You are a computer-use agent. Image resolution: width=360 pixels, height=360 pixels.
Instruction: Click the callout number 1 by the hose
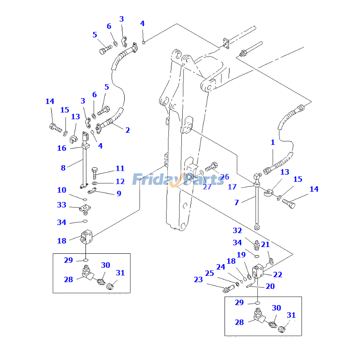pos(272,143)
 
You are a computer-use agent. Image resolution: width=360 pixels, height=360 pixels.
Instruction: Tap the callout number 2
pos(128,130)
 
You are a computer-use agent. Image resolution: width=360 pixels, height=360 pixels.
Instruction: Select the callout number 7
pos(237,202)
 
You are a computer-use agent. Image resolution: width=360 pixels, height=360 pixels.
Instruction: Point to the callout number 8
pos(63,168)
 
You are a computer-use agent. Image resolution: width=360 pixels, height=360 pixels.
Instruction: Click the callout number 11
pos(120,169)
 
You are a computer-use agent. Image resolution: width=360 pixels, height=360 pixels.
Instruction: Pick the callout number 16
pos(62,148)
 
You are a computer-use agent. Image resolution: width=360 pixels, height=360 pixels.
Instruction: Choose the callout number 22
pos(278,274)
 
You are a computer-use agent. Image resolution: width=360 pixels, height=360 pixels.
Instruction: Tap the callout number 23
pos(198,279)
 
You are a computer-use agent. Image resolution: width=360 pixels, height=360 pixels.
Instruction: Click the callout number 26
pos(225,177)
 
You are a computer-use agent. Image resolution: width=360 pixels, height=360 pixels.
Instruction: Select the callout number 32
pos(237,231)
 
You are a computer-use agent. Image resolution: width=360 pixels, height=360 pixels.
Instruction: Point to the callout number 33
pos(62,205)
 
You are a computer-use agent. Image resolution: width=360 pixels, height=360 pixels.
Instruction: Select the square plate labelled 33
pos(85,209)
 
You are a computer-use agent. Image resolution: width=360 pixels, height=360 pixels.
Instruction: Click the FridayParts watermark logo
pos(178,179)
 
